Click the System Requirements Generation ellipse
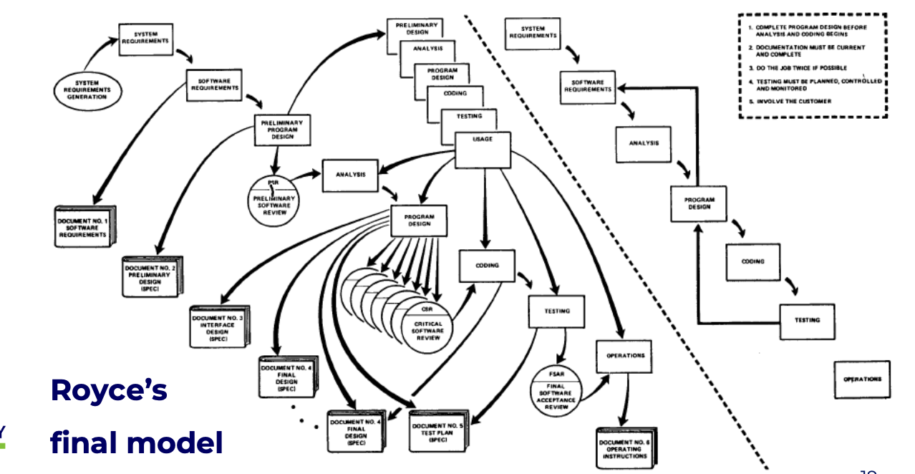(x=87, y=90)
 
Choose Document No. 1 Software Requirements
(x=83, y=227)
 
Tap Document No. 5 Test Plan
(x=437, y=430)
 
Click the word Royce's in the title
(x=109, y=391)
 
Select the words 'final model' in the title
(x=136, y=443)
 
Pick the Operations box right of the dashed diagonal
(x=862, y=379)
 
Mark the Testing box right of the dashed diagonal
(x=807, y=320)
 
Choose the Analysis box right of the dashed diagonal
(x=644, y=143)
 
